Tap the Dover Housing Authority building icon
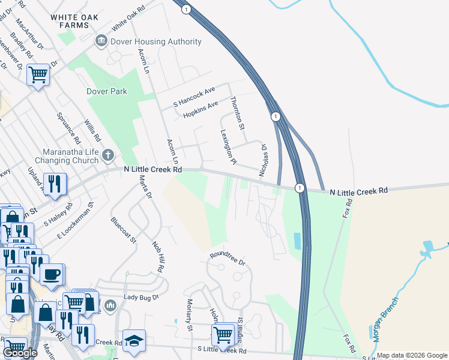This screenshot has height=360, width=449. tap(101, 41)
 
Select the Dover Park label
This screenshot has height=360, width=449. tap(107, 92)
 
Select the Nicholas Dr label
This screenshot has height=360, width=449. tap(263, 160)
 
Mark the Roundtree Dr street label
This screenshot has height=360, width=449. tap(228, 258)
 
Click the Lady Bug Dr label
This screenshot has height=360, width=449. tap(141, 297)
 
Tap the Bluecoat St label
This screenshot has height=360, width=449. tap(124, 230)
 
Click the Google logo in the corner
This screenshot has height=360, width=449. tap(20, 352)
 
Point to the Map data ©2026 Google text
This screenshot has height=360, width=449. tap(412, 355)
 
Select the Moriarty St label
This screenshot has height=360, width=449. tap(188, 316)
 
